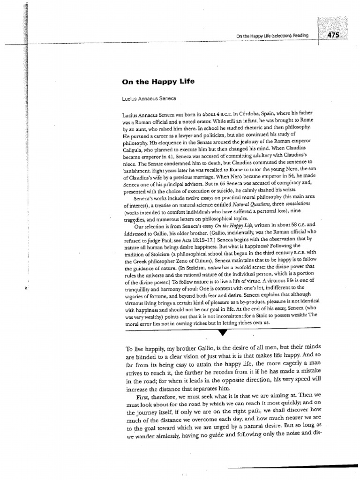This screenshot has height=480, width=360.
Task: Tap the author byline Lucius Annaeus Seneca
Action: pyautogui.click(x=146, y=98)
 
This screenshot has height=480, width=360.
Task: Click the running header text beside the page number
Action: pyautogui.click(x=277, y=37)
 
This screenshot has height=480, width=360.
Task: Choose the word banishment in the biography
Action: pyautogui.click(x=139, y=172)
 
